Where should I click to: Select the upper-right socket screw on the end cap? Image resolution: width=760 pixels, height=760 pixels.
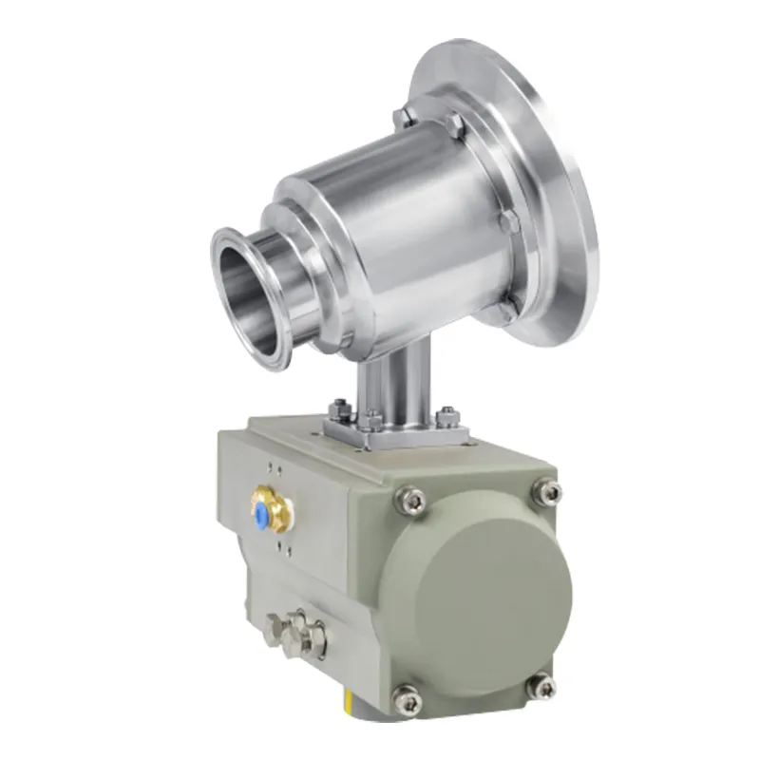click(544, 491)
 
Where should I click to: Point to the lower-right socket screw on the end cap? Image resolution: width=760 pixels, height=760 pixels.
click(542, 683)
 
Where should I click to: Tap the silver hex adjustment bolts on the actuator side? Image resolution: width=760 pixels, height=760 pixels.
click(294, 628)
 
